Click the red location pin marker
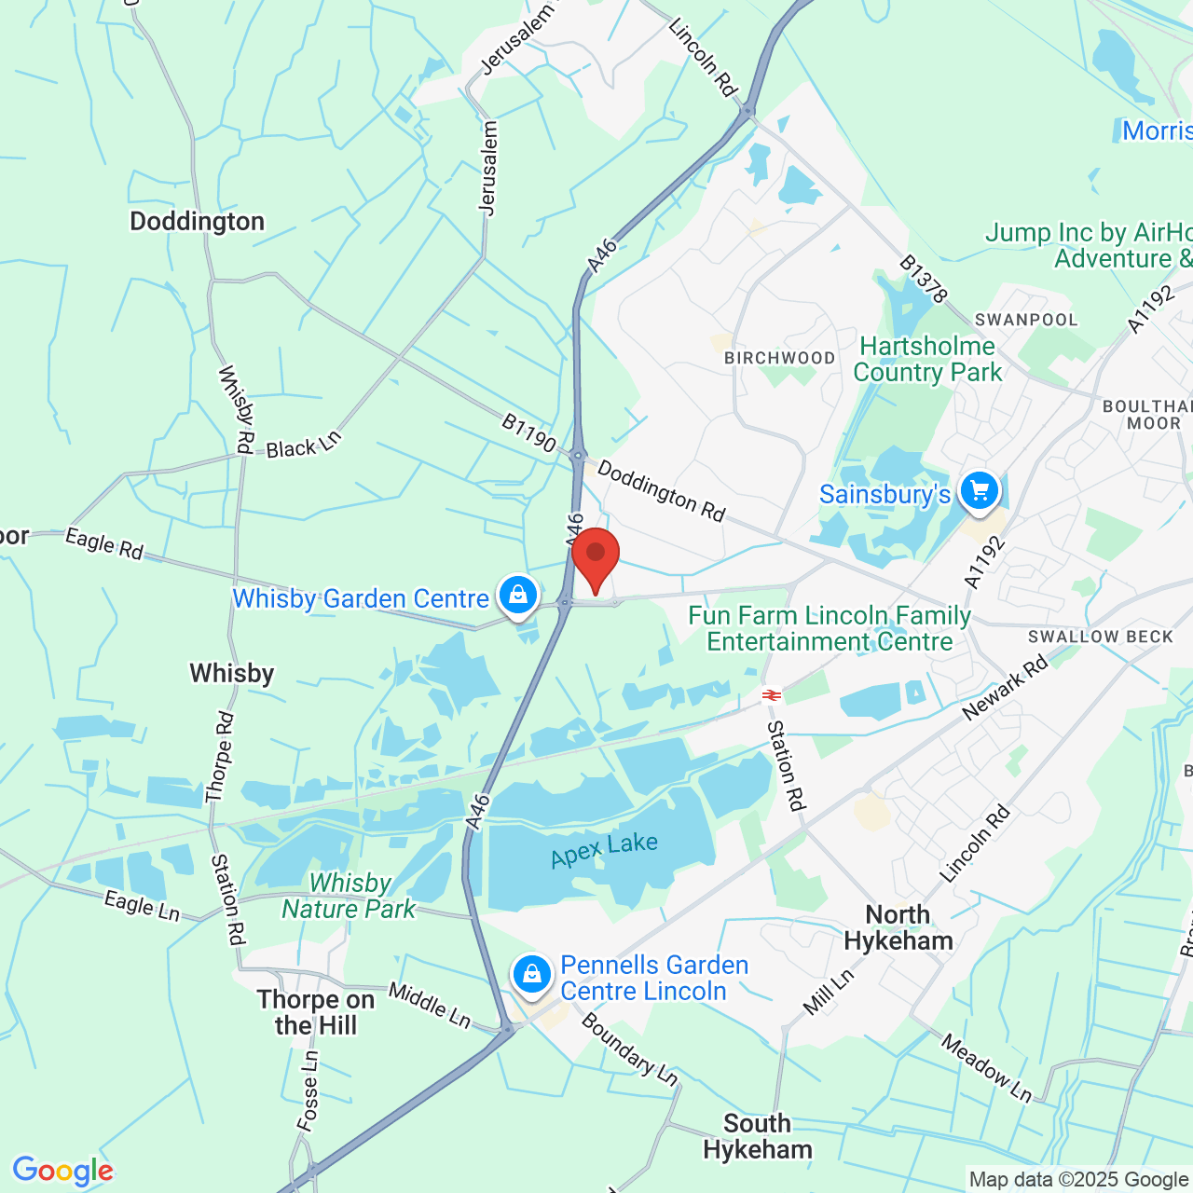click(596, 556)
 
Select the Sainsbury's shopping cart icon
click(979, 490)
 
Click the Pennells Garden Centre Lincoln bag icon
click(531, 974)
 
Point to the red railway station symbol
click(771, 694)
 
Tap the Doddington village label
click(197, 222)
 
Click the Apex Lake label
click(604, 849)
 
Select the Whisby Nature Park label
click(350, 896)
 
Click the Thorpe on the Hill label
click(315, 1012)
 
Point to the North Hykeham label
click(898, 927)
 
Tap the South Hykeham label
click(757, 1136)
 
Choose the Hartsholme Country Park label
click(927, 359)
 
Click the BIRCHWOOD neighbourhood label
click(780, 358)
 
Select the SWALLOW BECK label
click(1100, 637)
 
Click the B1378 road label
click(923, 279)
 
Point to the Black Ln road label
click(304, 445)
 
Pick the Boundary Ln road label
click(629, 1049)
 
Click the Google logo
click(62, 1171)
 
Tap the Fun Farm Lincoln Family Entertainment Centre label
click(830, 628)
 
